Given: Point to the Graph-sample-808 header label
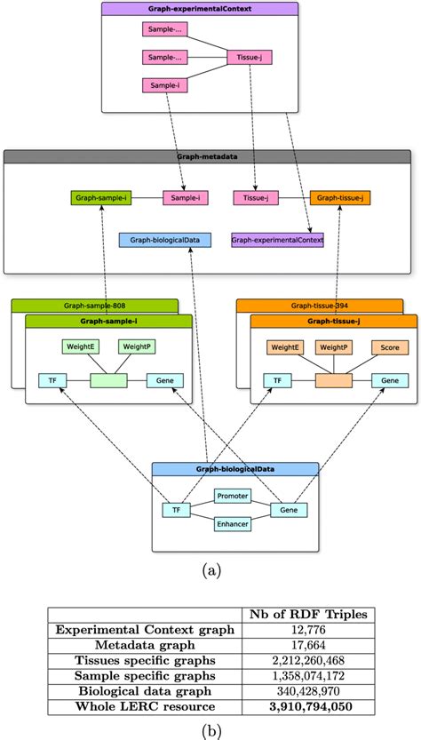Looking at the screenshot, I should (94, 306).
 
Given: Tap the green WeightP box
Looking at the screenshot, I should (136, 346).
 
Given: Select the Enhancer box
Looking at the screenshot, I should (232, 524).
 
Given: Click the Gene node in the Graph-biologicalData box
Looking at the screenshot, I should (289, 510).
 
